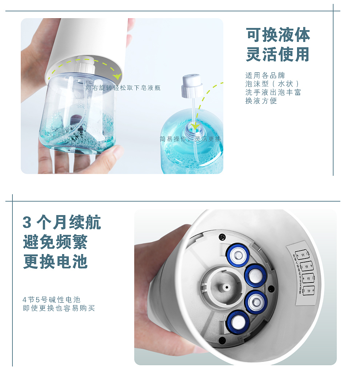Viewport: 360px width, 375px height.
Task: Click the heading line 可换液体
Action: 278,35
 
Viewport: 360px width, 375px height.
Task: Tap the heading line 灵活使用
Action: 278,54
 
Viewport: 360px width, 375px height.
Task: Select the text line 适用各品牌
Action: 265,76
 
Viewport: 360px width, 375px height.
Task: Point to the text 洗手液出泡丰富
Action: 273,92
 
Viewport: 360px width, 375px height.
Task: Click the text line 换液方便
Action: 261,101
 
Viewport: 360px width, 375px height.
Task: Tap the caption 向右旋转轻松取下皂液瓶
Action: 123,88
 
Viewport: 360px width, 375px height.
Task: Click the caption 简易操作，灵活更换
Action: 190,139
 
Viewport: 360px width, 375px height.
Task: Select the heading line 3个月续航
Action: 62,222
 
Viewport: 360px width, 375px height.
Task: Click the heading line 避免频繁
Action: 55,242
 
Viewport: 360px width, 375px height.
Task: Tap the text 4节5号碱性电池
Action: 51,300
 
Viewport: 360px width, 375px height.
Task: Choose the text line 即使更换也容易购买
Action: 59,308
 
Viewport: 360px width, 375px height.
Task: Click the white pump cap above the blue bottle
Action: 192,84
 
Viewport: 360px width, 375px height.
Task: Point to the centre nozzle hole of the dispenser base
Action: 227,287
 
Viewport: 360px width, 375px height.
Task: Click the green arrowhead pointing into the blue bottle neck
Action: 196,126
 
